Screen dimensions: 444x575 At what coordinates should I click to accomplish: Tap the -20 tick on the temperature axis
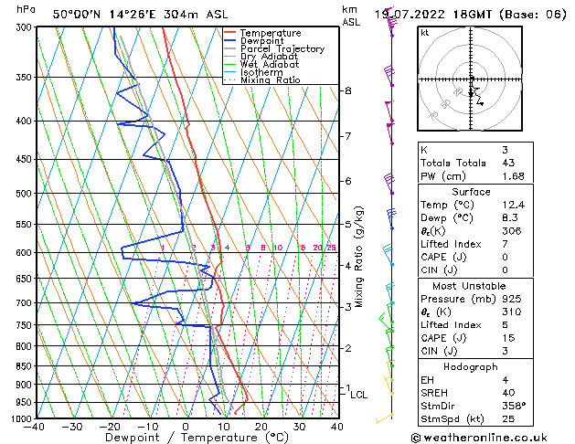111,426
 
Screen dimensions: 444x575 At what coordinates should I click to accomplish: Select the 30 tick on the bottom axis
299,426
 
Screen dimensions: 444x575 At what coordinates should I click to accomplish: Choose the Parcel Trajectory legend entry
282,49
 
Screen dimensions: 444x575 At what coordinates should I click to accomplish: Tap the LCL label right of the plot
359,395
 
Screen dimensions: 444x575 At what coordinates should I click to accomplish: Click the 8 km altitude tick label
348,90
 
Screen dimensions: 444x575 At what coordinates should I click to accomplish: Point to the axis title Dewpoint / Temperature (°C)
186,438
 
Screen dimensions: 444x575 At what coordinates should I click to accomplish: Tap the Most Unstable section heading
472,286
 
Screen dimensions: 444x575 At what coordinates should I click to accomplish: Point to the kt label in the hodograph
424,32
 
